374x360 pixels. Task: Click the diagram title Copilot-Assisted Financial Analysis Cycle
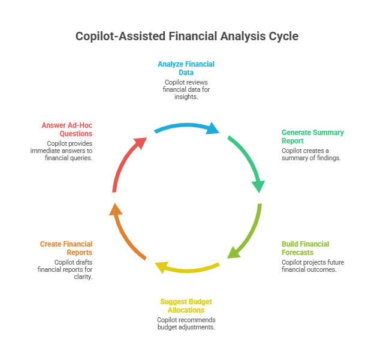pos(186,37)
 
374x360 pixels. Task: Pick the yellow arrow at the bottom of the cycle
pos(186,268)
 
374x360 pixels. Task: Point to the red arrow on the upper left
pos(126,161)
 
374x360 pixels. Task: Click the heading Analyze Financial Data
pos(186,67)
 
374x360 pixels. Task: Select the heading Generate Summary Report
pos(312,136)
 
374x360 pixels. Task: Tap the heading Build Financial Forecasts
pos(305,248)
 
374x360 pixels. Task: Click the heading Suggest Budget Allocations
pos(186,305)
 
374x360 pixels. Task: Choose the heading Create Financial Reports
pos(67,248)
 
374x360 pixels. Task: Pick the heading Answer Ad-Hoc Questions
pos(67,129)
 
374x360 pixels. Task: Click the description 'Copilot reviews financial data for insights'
pos(186,89)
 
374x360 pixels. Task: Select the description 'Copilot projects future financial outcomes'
pos(309,265)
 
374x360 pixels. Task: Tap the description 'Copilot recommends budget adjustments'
pos(186,323)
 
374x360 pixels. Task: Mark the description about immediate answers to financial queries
pos(69,151)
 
